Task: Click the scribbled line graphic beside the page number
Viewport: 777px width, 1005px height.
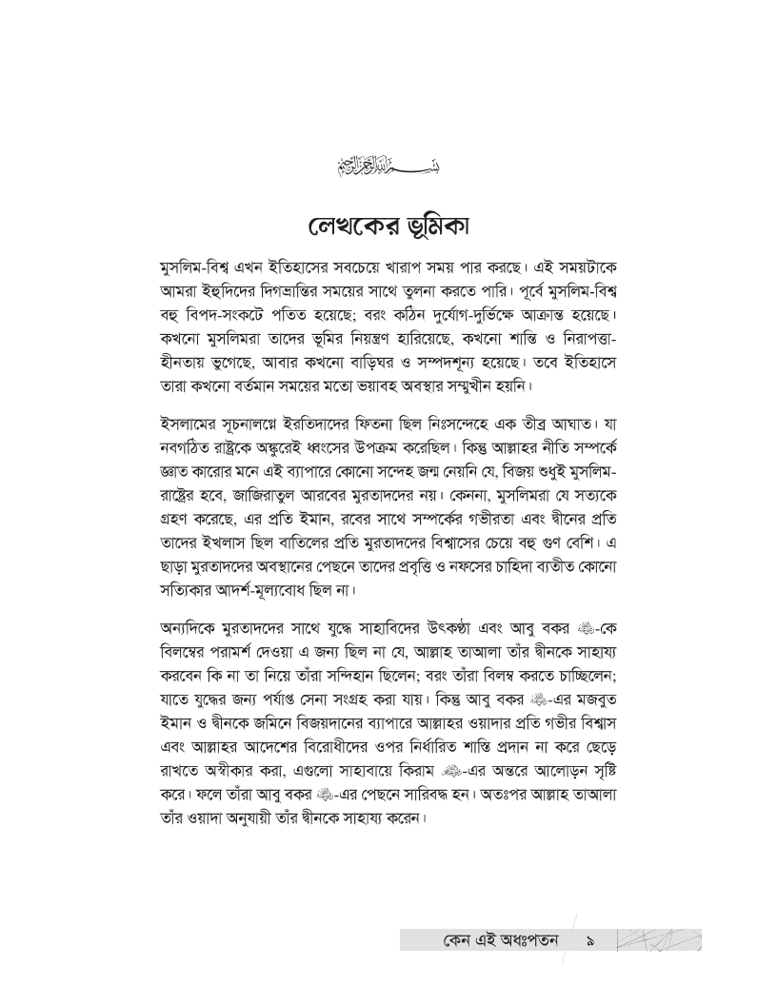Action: (659, 940)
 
